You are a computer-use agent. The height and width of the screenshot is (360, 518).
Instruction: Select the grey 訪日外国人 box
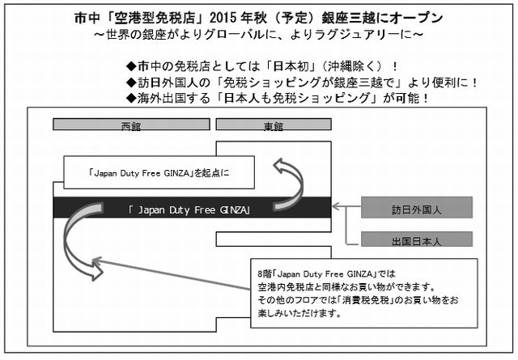pyautogui.click(x=417, y=207)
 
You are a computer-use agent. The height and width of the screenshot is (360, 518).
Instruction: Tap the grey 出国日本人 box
pyautogui.click(x=417, y=239)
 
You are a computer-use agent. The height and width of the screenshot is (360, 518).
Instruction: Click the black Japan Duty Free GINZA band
pyautogui.click(x=192, y=208)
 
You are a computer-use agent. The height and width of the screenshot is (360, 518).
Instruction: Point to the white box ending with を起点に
pyautogui.click(x=159, y=172)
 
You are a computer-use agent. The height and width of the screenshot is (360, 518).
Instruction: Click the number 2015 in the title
pyautogui.click(x=223, y=18)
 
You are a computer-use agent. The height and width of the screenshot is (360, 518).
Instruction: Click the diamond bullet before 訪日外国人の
pyautogui.click(x=131, y=83)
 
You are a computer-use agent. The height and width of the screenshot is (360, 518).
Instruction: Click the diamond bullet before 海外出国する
pyautogui.click(x=131, y=98)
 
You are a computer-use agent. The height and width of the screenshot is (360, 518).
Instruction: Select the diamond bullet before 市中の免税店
pyautogui.click(x=131, y=66)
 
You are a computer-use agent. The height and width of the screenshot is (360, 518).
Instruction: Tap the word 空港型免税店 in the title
pyautogui.click(x=155, y=18)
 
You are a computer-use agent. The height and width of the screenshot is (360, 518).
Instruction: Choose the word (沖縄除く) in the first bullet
pyautogui.click(x=353, y=66)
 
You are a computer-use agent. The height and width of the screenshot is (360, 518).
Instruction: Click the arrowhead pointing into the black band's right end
pyautogui.click(x=335, y=206)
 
